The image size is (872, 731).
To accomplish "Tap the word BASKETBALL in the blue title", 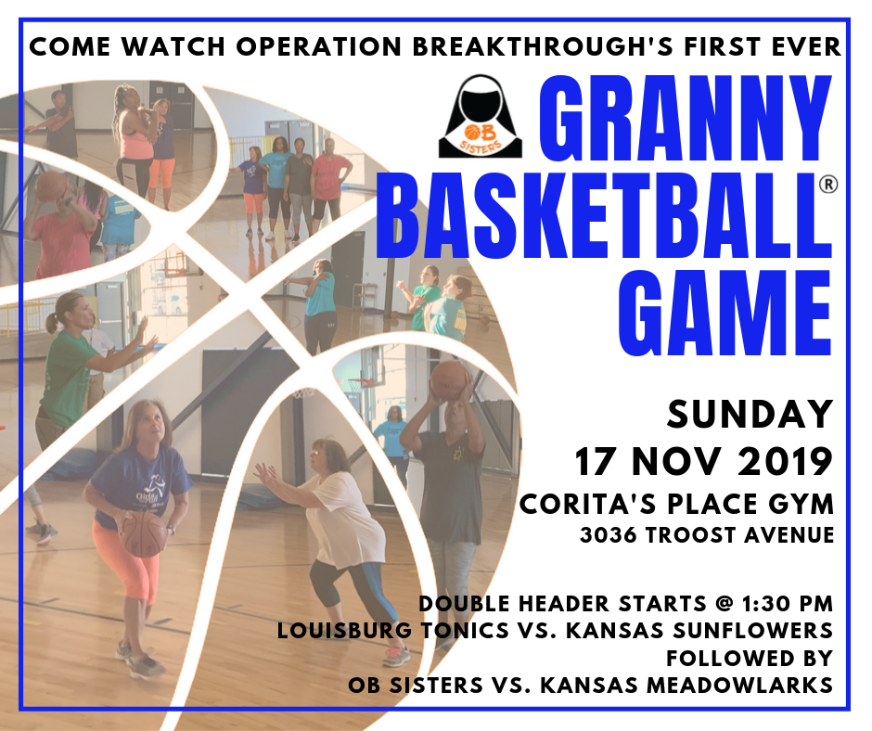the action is coord(605,215).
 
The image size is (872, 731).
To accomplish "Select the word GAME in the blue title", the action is coord(725,314).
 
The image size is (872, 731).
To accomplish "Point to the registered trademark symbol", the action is coord(828,184).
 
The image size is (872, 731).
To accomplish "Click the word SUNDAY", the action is coord(750,415).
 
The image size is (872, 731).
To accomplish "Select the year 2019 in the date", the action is coord(785,462).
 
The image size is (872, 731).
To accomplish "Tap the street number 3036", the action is coord(608,535).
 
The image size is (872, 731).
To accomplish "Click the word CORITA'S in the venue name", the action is coord(589,504).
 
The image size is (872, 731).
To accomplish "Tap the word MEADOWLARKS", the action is coord(739,686).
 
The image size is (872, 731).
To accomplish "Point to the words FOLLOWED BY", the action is coord(750,658).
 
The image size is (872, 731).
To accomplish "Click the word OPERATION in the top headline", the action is coord(319,46).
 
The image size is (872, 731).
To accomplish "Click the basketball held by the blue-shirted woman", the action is coord(144,534).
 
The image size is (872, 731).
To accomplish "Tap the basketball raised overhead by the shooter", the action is coord(450,380).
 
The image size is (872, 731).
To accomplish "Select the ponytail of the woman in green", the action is coord(52,323).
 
